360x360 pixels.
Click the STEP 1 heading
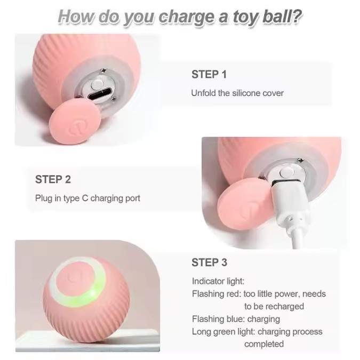pos(209,74)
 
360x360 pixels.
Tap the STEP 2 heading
pos(53,179)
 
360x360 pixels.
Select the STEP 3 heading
pos(210,262)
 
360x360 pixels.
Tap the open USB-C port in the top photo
pos(100,93)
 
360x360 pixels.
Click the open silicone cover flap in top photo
pos(75,122)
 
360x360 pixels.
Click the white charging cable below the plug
pos(298,238)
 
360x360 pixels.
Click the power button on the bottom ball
pos(75,277)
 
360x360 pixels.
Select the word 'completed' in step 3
pos(264,344)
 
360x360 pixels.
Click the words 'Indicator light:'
pos(218,281)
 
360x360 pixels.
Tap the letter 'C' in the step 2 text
pos(85,198)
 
